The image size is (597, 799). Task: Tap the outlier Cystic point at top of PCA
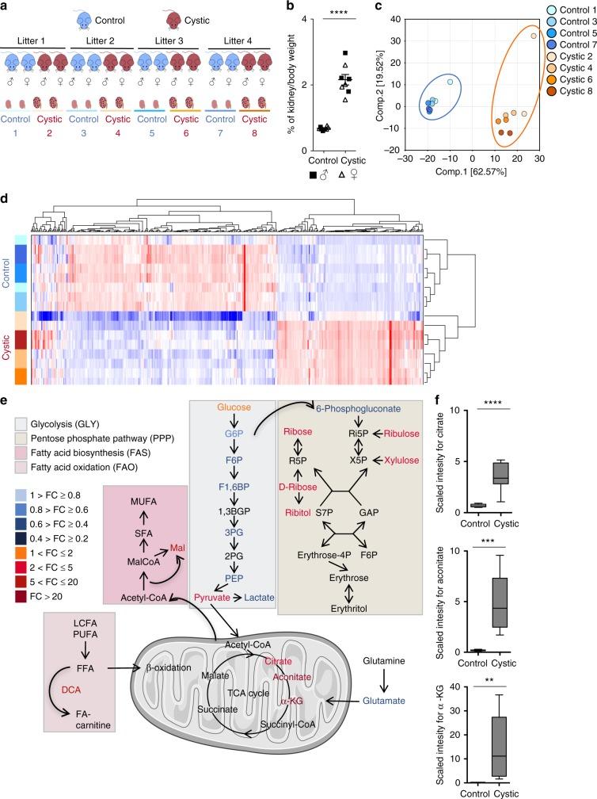point(533,36)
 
